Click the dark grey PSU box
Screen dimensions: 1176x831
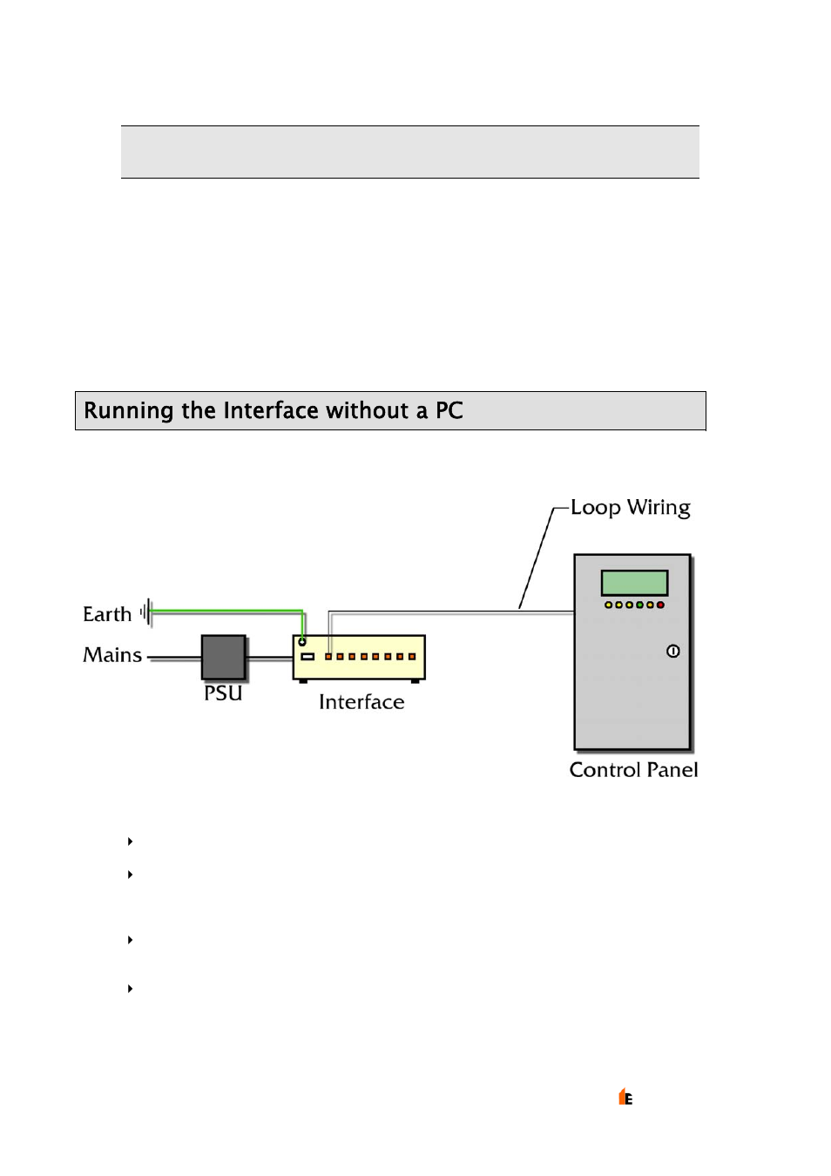[x=224, y=657]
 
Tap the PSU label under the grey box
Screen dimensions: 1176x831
[x=223, y=693]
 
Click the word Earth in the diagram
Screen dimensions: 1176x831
[x=107, y=614]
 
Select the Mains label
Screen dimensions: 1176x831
[x=112, y=655]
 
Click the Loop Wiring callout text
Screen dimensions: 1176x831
[x=630, y=508]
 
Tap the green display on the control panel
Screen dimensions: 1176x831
[x=634, y=583]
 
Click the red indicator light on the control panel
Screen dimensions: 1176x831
[x=660, y=605]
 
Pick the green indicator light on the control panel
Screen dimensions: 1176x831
[x=639, y=605]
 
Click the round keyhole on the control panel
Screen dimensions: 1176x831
[x=672, y=651]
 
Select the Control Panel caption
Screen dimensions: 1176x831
[x=633, y=770]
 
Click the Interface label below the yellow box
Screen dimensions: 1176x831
[x=361, y=702]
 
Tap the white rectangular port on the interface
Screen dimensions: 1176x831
[x=307, y=656]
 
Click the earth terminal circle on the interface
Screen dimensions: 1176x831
[x=302, y=642]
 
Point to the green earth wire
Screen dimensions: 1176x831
[x=226, y=612]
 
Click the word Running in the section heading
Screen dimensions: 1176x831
[x=128, y=411]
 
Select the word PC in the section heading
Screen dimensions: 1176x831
[x=449, y=411]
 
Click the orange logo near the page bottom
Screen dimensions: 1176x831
[x=625, y=1097]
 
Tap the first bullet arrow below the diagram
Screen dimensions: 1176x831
[x=130, y=841]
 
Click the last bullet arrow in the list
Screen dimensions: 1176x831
[x=130, y=989]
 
